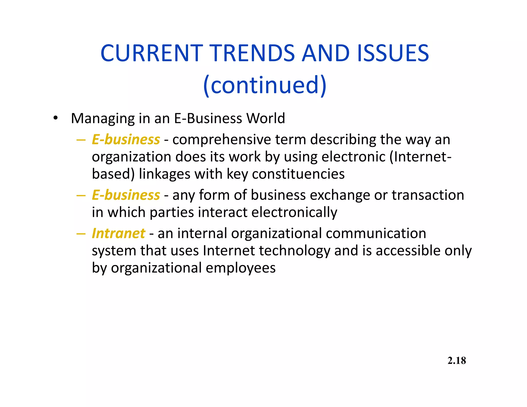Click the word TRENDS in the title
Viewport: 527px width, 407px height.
252,53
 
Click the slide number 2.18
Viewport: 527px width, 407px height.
456,361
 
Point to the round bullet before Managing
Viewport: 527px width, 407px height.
55,119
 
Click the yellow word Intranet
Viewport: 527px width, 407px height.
118,233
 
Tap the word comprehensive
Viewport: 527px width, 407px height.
222,140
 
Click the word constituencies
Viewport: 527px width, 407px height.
298,174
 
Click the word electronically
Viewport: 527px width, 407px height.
294,213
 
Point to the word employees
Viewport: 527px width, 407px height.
241,268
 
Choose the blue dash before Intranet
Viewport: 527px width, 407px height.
81,234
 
